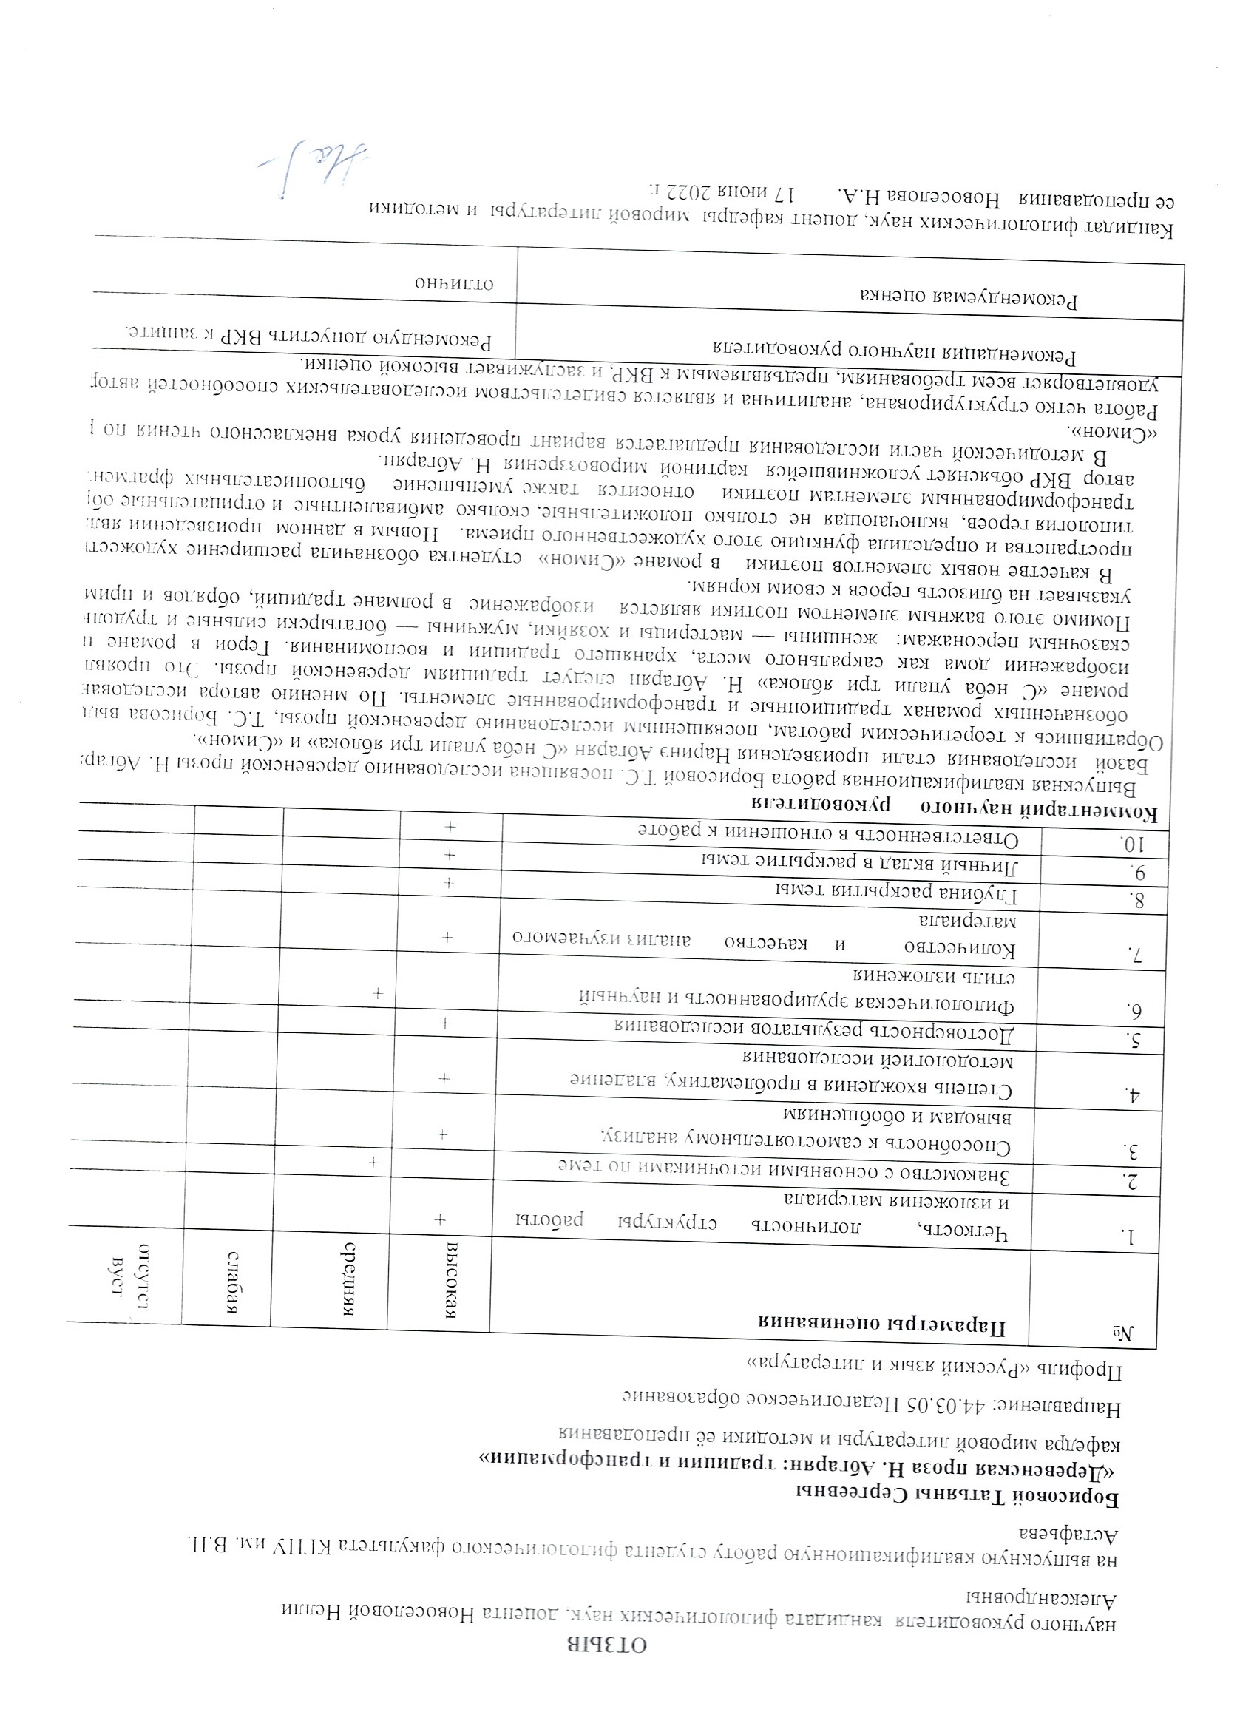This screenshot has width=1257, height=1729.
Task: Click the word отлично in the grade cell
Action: (x=454, y=285)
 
